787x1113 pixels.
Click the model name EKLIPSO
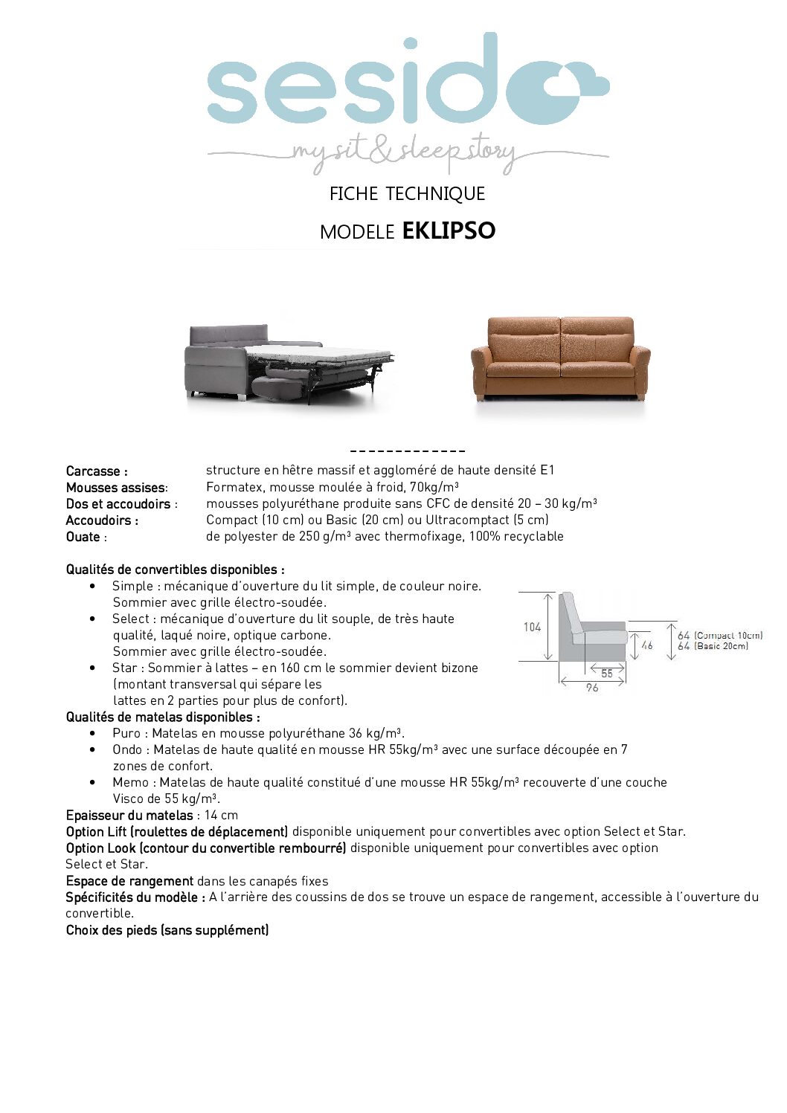click(449, 230)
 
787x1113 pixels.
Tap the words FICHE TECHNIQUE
click(407, 194)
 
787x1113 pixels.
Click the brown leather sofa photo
click(560, 358)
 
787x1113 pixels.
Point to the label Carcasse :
click(97, 471)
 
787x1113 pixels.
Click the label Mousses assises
click(115, 488)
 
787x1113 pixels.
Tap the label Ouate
click(83, 537)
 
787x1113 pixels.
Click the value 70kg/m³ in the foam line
click(431, 488)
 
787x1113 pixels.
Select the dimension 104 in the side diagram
click(532, 627)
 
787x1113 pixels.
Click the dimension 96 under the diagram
click(592, 688)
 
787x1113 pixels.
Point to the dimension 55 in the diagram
click(607, 673)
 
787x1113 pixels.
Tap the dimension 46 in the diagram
click(646, 645)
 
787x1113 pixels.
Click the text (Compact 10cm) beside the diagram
click(728, 636)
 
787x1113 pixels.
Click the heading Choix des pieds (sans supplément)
click(167, 930)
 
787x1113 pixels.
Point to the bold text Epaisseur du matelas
click(129, 815)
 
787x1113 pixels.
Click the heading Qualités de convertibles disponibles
click(175, 570)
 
